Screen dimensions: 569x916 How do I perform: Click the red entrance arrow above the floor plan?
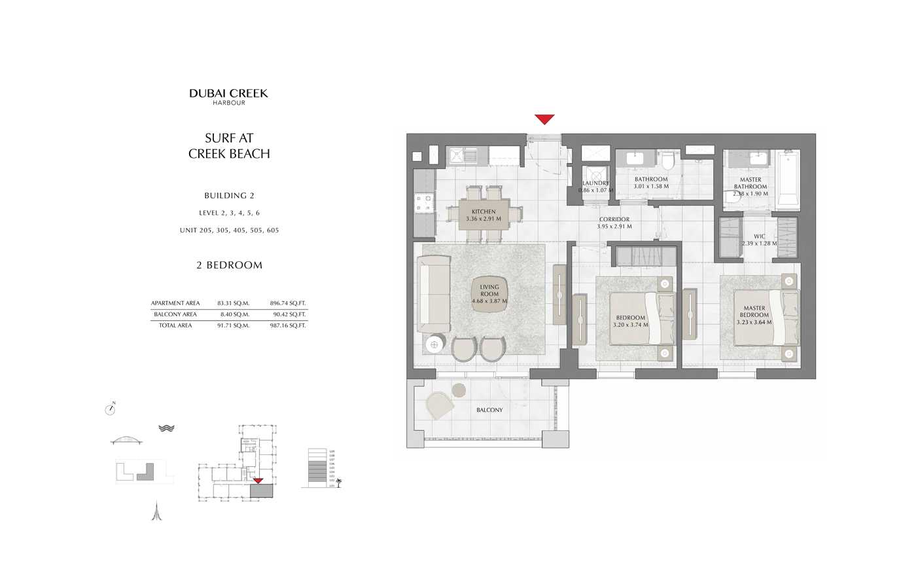tap(544, 119)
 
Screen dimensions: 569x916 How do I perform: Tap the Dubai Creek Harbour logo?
tap(228, 96)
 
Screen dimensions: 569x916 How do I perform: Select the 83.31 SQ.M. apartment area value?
tap(234, 303)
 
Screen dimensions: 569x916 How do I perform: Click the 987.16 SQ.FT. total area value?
tap(288, 325)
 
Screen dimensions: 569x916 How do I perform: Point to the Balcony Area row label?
tap(175, 314)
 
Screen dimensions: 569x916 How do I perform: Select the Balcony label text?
tap(489, 410)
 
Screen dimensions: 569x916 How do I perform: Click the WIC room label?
tap(759, 236)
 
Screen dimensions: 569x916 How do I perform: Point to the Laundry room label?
tap(595, 183)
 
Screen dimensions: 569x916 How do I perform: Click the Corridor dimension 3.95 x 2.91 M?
tap(614, 227)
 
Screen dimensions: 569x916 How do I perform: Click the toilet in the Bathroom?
tap(668, 160)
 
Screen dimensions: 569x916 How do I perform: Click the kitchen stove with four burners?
tap(425, 202)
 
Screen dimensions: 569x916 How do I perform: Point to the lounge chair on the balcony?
tap(439, 404)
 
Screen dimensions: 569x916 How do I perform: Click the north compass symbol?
tap(110, 409)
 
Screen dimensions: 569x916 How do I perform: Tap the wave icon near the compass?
tap(166, 428)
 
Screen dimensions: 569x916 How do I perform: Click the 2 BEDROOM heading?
tap(229, 265)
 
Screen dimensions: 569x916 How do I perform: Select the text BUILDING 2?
tap(229, 196)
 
